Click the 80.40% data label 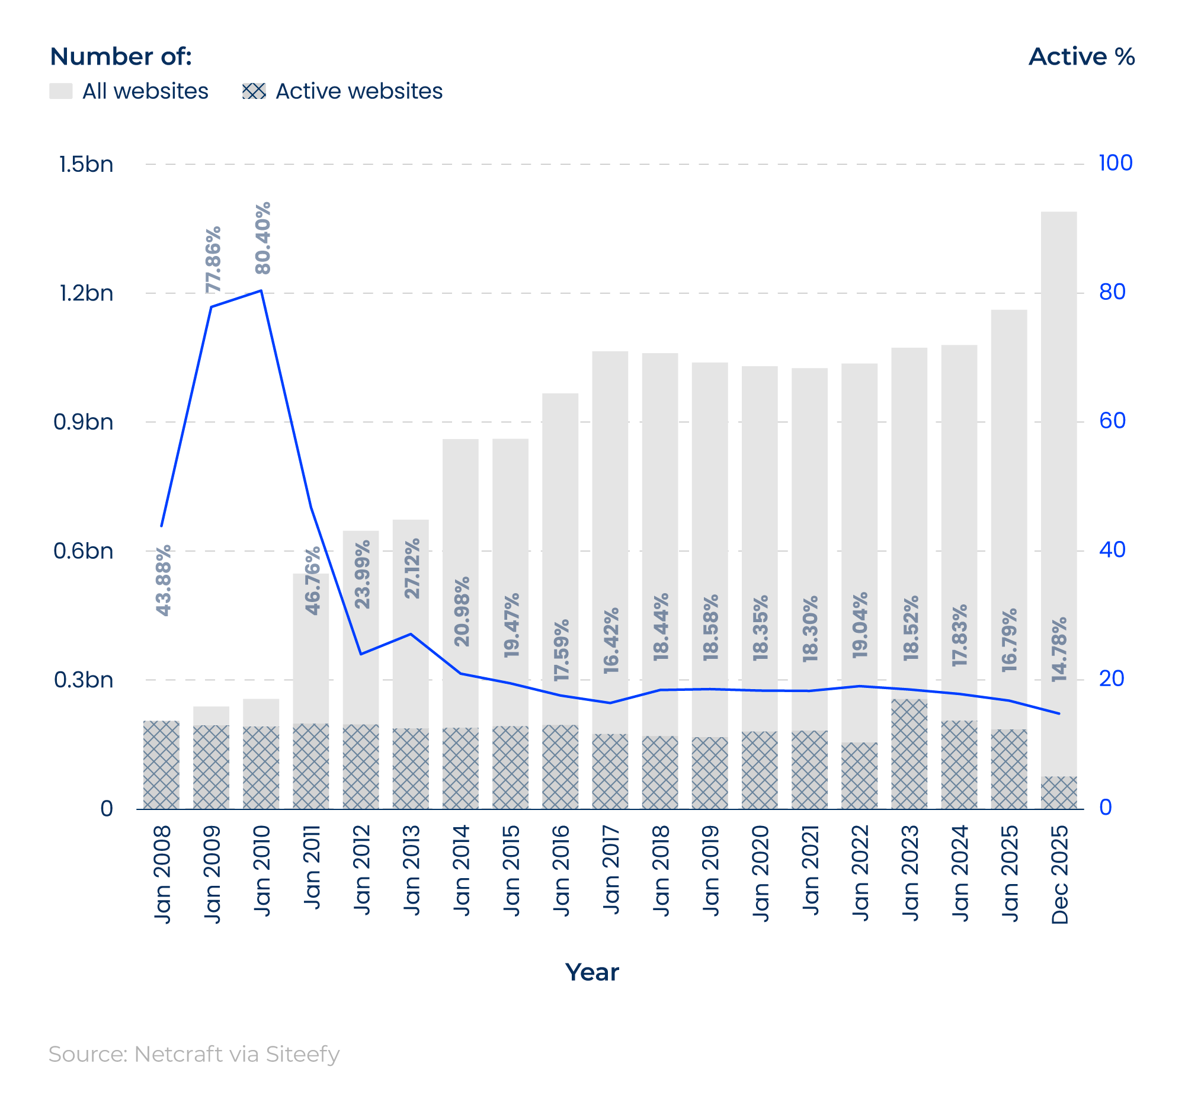(x=263, y=238)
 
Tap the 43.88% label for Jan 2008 (x=164, y=580)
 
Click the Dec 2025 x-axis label (x=1059, y=875)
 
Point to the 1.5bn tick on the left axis (x=86, y=165)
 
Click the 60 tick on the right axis (x=1112, y=421)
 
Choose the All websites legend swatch (x=61, y=91)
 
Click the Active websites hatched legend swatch (x=254, y=91)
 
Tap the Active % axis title (x=1081, y=57)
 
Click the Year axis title (x=592, y=972)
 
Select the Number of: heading (x=121, y=57)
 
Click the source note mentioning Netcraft (x=194, y=1054)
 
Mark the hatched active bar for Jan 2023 (x=909, y=754)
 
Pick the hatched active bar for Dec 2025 (x=1059, y=793)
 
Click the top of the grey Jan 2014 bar (x=460, y=441)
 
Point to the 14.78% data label (x=1059, y=649)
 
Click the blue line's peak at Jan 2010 (x=261, y=291)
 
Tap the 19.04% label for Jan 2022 (x=860, y=625)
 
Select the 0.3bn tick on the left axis (x=84, y=680)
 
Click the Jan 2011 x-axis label (x=312, y=867)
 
